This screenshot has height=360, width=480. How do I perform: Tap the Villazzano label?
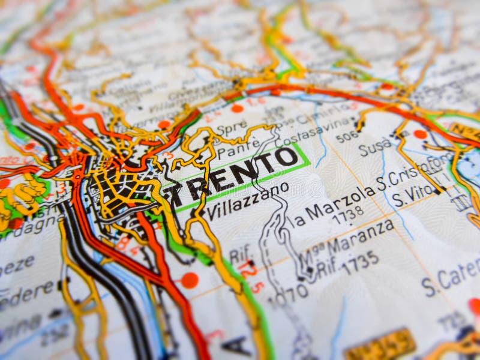(247, 201)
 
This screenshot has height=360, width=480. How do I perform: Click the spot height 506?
(347, 137)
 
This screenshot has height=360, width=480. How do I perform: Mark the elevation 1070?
(287, 294)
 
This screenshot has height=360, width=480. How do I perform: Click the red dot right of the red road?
(190, 280)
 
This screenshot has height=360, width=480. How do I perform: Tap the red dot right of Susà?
(420, 134)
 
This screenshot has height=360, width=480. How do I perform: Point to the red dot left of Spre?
(164, 125)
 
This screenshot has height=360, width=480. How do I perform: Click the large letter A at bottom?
(236, 345)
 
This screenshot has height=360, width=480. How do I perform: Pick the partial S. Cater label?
(450, 277)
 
